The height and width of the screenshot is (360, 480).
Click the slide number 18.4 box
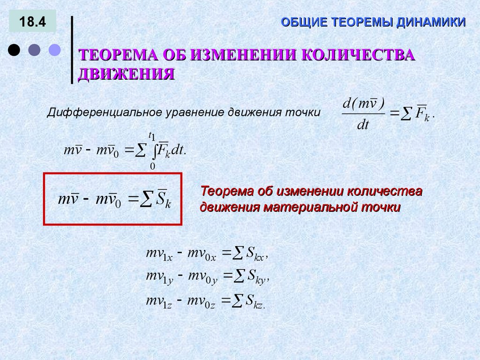[x=32, y=22]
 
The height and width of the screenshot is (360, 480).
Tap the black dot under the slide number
[x=14, y=50]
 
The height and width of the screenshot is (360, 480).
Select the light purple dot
[x=55, y=50]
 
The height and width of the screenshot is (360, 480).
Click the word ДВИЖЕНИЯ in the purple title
[x=126, y=74]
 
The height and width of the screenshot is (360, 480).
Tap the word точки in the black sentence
[x=305, y=113]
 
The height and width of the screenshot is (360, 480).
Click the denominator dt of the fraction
[x=363, y=125]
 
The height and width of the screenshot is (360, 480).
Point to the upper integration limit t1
[x=151, y=136]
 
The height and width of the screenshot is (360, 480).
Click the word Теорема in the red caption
[x=226, y=192]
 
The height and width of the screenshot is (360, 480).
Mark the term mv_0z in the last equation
[x=201, y=301]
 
